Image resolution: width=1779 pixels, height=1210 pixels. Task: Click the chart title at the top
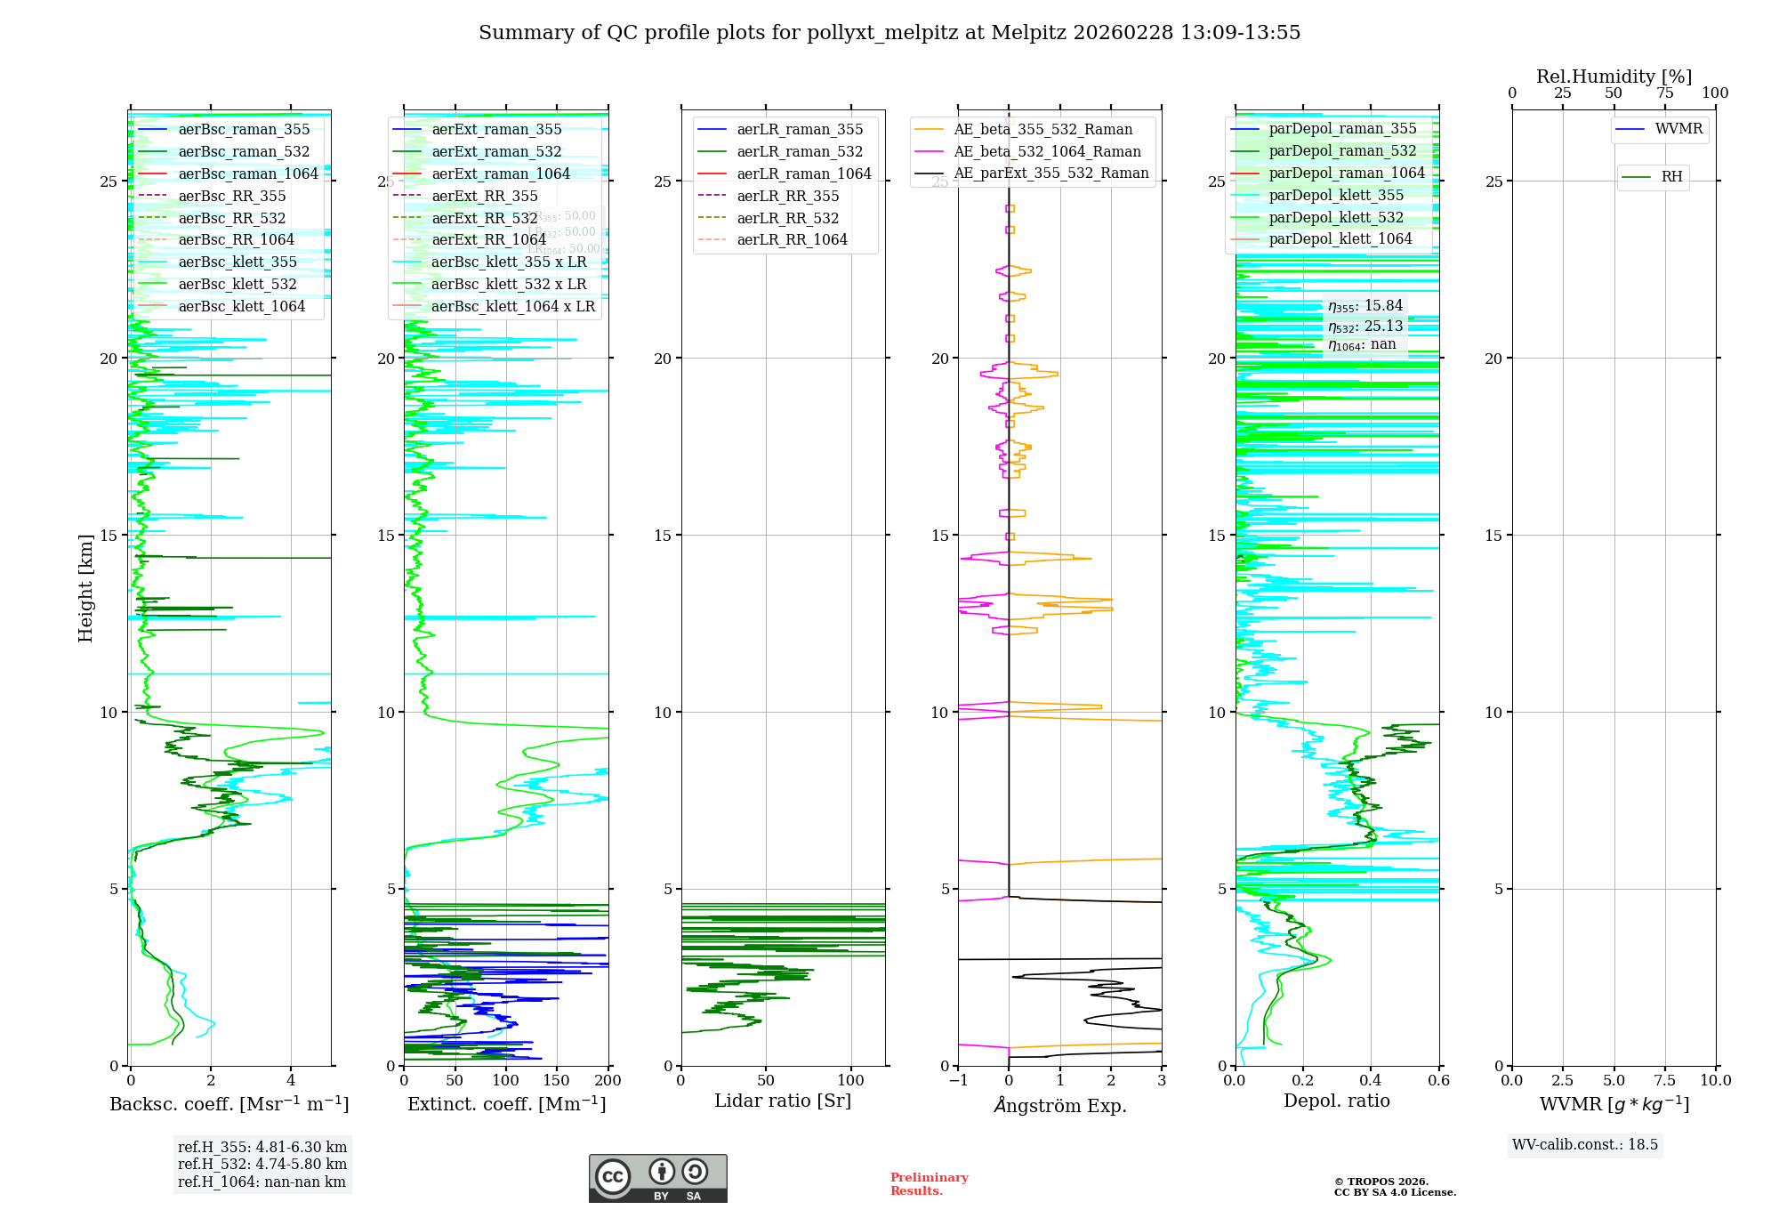point(889,33)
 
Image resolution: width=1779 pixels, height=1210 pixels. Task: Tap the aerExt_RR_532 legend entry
point(485,219)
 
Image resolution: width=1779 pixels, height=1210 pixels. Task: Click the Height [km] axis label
point(85,588)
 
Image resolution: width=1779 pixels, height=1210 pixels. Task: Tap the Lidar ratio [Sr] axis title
point(783,1101)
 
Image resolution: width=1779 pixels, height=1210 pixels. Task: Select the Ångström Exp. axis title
point(1060,1106)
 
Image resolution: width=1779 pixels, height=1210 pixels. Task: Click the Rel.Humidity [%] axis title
point(1614,77)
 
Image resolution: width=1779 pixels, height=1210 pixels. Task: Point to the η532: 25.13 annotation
point(1365,327)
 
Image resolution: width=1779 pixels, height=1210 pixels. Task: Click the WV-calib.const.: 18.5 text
point(1585,1145)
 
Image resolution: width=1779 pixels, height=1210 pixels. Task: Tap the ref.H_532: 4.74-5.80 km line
point(262,1165)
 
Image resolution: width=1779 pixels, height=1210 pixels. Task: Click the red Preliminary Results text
point(929,1184)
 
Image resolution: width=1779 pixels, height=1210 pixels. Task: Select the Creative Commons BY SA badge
point(657,1179)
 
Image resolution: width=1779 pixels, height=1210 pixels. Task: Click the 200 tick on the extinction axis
point(608,1081)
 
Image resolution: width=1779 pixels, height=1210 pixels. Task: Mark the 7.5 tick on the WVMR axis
point(1666,1081)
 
